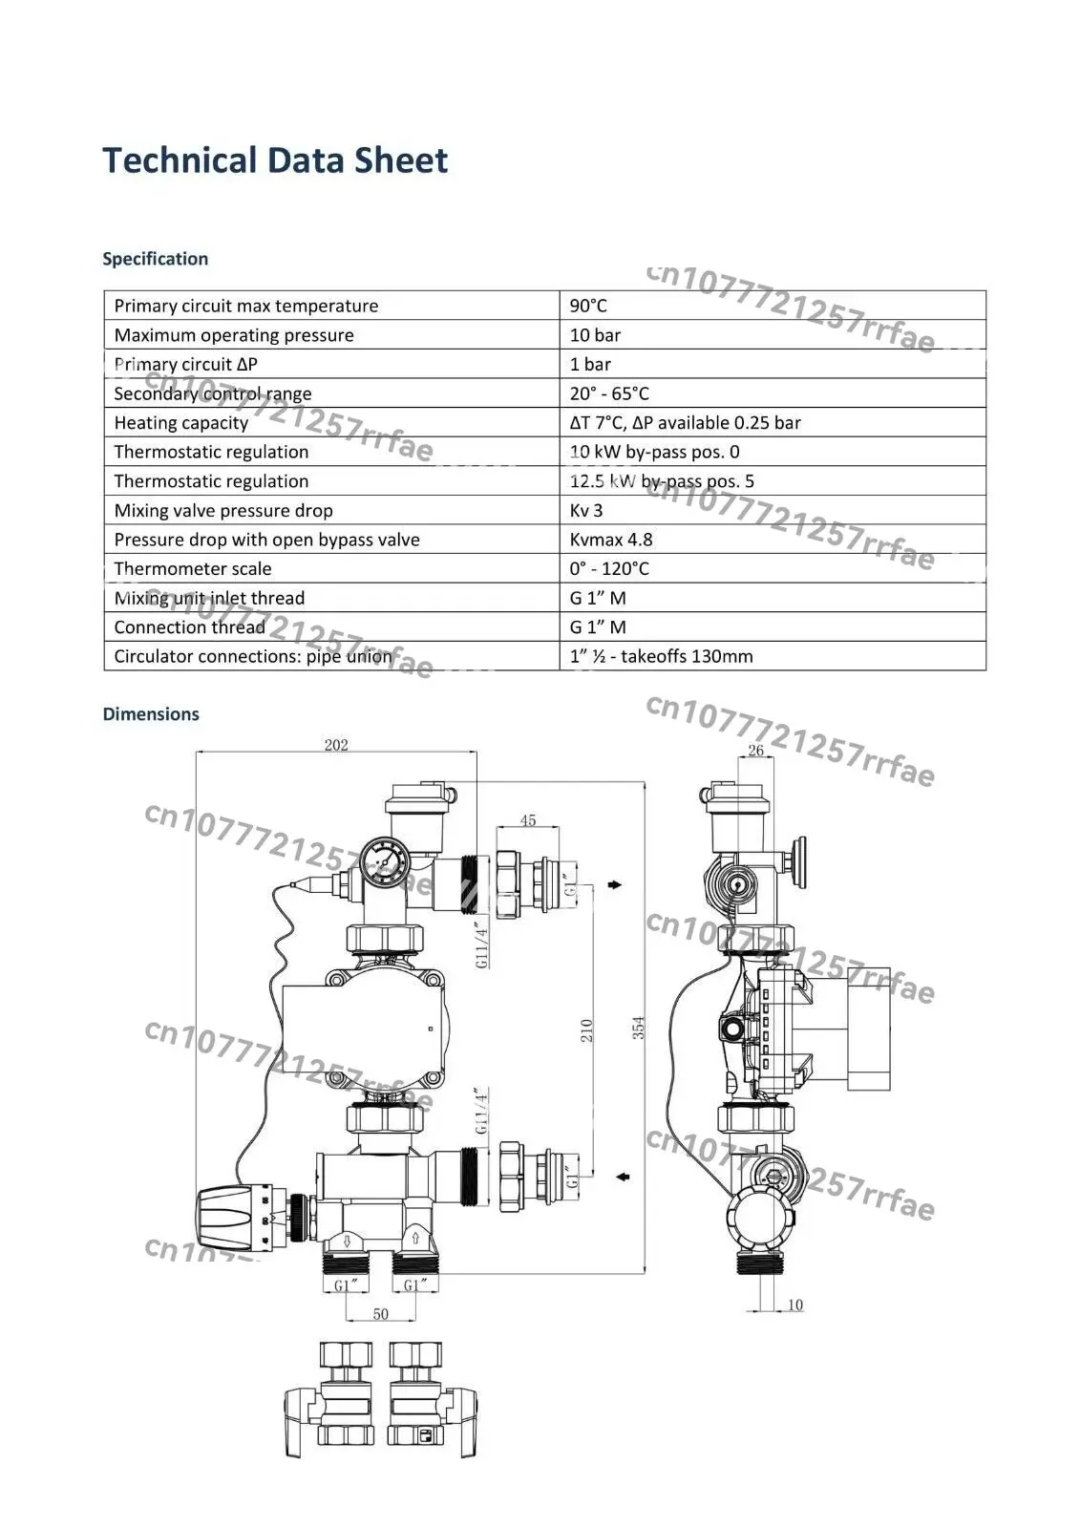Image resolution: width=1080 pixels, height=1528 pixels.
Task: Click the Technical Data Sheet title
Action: [275, 161]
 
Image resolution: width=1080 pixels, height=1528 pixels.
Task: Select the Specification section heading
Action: [155, 259]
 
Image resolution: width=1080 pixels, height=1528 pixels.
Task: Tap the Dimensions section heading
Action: [151, 713]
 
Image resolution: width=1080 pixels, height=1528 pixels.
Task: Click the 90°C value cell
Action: [588, 306]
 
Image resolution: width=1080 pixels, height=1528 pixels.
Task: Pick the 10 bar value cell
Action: [595, 335]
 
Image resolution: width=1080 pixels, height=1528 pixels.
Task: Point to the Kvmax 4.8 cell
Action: [610, 540]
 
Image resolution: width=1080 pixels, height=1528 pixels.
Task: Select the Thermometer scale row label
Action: [192, 569]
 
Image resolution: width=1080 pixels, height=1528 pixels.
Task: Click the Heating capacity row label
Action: [180, 423]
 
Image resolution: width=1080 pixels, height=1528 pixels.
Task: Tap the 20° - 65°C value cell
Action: [609, 393]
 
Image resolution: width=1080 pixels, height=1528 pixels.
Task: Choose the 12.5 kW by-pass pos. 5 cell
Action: [662, 481]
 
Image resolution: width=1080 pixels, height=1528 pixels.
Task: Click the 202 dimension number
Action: [336, 744]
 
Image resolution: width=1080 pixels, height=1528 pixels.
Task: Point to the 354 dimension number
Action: [638, 1028]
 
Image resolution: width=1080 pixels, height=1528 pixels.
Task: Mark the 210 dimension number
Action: [586, 1030]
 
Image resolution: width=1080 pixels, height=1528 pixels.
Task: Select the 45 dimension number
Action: [528, 820]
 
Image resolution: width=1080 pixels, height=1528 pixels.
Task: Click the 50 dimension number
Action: [381, 1314]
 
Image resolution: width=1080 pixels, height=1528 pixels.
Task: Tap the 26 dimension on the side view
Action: [756, 751]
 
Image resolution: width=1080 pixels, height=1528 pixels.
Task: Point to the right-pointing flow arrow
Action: [615, 884]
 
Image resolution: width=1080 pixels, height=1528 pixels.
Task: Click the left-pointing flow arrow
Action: [623, 1177]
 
